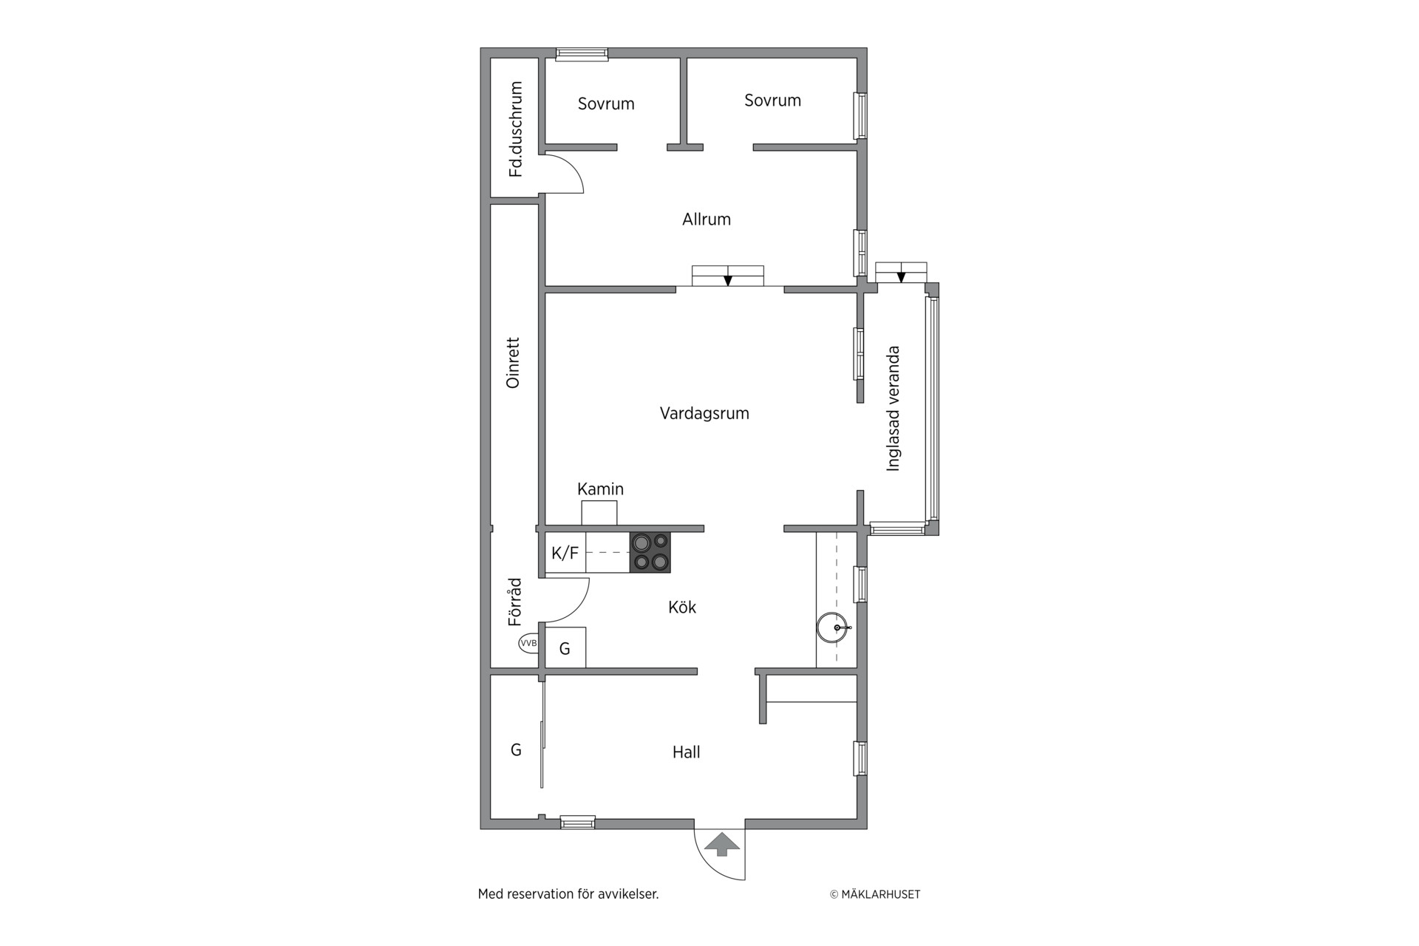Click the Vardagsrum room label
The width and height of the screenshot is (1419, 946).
tap(704, 413)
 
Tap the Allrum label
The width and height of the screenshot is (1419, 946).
tap(707, 220)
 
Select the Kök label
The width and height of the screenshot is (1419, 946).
tap(682, 608)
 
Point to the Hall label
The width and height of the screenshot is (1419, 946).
tap(686, 752)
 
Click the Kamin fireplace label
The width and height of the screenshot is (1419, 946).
tap(600, 489)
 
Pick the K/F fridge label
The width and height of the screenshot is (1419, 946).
tap(565, 553)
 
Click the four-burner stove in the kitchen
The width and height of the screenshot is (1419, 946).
tap(650, 552)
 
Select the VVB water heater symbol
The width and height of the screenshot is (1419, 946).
tap(528, 643)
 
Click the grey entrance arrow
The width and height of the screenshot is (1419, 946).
tap(723, 844)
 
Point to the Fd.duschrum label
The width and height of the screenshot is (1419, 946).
tap(515, 129)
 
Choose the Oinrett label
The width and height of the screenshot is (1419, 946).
tap(513, 363)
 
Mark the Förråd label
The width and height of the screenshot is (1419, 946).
tap(514, 602)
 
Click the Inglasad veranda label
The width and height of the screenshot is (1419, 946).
tap(894, 409)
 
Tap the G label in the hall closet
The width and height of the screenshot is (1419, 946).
tap(516, 750)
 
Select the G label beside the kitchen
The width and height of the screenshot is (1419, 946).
tap(565, 649)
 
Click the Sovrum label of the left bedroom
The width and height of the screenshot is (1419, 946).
tap(606, 104)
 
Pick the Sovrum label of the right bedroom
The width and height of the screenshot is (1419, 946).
tap(772, 101)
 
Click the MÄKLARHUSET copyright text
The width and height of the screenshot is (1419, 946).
tap(875, 894)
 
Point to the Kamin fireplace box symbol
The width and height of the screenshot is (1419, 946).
tap(599, 513)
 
